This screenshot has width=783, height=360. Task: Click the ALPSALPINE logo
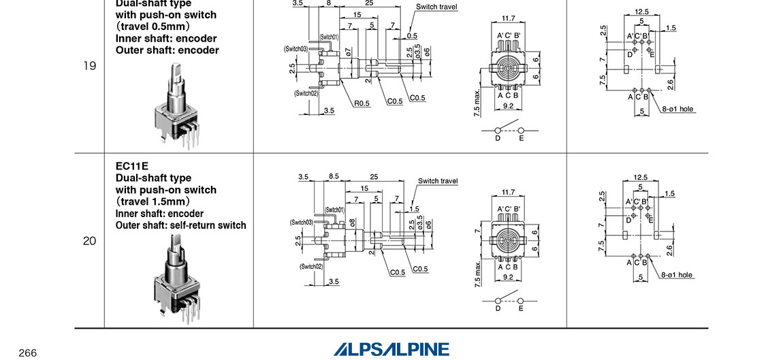pos(391,349)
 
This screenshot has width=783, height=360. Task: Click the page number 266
pos(27,353)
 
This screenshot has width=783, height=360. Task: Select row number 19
pos(89,67)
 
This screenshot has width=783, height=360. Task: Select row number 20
pos(89,241)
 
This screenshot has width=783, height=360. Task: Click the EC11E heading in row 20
pos(132,165)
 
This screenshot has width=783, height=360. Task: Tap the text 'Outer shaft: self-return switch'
pos(181,225)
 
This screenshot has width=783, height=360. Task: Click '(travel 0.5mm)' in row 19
pos(152,27)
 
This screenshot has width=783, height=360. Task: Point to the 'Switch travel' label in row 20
pos(438,181)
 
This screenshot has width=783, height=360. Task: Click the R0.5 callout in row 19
pos(362,104)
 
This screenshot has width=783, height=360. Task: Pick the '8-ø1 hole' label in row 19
pos(677,109)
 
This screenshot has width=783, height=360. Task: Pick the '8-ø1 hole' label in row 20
pos(676,275)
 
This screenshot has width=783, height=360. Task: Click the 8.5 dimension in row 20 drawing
pos(334,176)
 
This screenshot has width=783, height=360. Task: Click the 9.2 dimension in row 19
pos(508,106)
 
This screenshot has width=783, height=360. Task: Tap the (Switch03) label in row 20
pos(301,223)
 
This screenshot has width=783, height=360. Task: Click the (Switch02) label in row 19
pos(306,93)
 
